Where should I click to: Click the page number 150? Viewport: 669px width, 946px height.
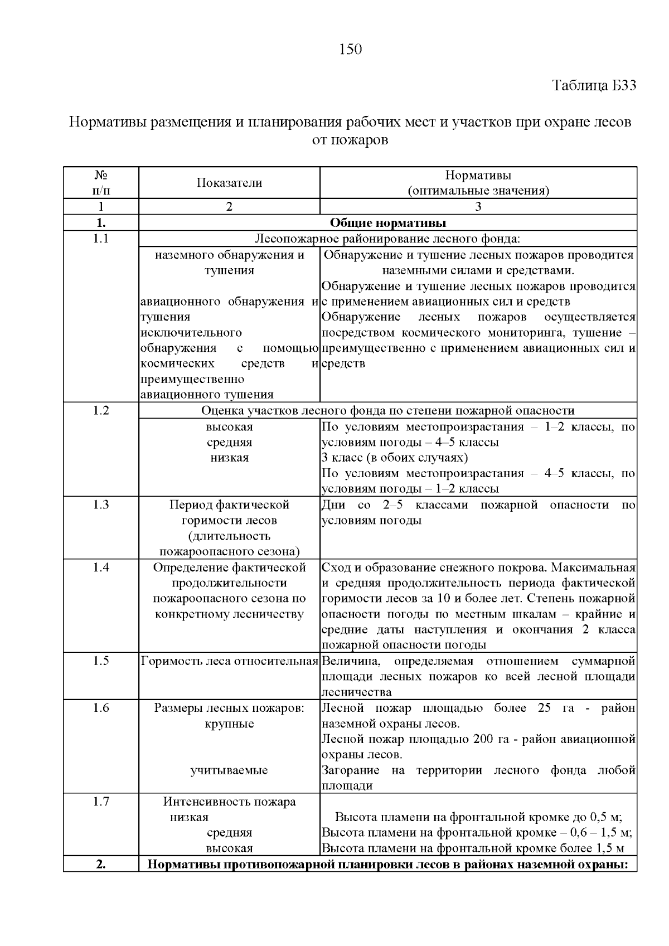(x=351, y=50)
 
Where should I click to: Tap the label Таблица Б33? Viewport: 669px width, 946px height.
(x=594, y=86)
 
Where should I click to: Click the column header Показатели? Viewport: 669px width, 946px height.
(x=229, y=183)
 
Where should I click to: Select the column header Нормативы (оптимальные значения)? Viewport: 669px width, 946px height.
(x=478, y=183)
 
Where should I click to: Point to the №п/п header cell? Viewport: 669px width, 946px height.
(x=101, y=183)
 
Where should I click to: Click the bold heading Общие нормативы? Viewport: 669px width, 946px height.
(x=387, y=223)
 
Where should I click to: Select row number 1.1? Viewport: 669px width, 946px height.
(x=101, y=239)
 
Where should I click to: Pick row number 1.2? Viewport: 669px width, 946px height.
(x=101, y=411)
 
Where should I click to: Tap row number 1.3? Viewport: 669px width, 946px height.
(x=101, y=505)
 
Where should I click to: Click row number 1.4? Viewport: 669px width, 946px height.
(x=101, y=567)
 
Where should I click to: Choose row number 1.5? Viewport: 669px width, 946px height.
(x=101, y=661)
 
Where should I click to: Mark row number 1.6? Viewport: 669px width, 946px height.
(x=101, y=708)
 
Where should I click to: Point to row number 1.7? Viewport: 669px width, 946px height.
(x=101, y=802)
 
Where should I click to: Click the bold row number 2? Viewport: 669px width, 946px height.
(x=101, y=865)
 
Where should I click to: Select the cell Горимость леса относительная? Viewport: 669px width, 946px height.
(x=229, y=662)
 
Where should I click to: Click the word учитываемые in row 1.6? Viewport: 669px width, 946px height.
(x=229, y=770)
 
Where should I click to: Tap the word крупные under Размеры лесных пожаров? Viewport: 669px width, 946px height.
(x=229, y=724)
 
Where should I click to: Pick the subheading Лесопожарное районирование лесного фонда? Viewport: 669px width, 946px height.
(x=387, y=239)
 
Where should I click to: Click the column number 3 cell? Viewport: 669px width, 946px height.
(x=478, y=207)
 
